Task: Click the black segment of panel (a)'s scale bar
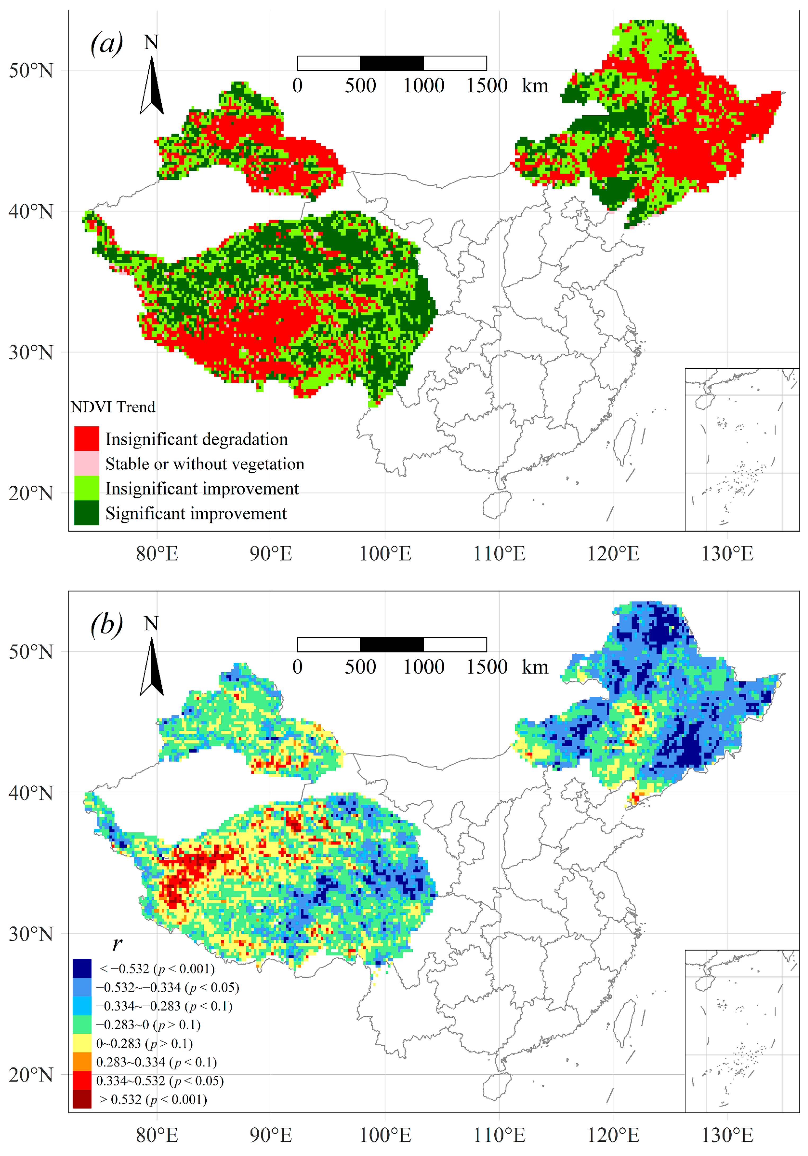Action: coord(392,63)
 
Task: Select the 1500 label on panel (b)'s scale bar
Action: coord(486,667)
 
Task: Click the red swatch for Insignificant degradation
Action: coord(87,439)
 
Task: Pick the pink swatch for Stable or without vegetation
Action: coord(87,463)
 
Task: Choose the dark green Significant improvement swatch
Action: coord(87,513)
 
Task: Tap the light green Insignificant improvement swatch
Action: coord(87,488)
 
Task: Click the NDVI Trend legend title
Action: coord(113,407)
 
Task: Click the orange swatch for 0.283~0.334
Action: coord(82,1062)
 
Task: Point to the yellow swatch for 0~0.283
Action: coord(82,1043)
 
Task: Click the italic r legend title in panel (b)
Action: coord(117,943)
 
